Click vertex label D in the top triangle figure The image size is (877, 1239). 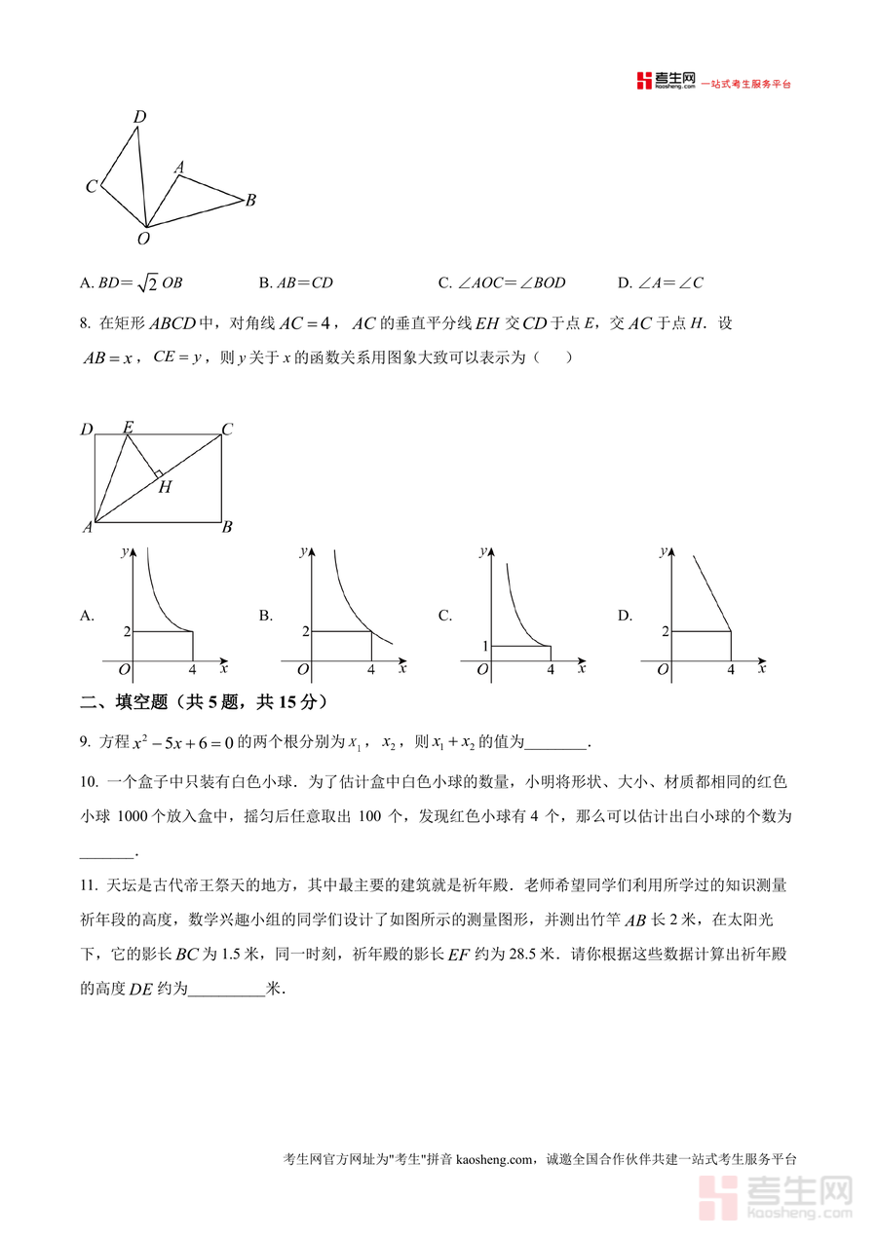[x=139, y=117]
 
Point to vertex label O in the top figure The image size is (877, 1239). [x=143, y=238]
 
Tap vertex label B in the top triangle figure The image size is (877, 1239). [x=250, y=201]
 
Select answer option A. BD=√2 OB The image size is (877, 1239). [x=132, y=283]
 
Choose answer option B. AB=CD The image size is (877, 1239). [x=296, y=283]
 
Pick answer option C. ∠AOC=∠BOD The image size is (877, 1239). [x=501, y=283]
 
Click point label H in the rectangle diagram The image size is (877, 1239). [x=165, y=487]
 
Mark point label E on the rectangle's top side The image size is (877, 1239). [x=128, y=427]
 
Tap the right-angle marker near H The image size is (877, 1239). [x=156, y=474]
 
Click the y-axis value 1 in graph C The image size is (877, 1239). [x=482, y=647]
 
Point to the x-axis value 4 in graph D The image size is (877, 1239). [x=731, y=670]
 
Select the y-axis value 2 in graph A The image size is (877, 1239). [x=126, y=632]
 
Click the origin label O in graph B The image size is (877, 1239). [x=303, y=670]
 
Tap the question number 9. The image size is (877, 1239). [x=86, y=743]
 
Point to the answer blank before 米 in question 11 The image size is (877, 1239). [x=225, y=989]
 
